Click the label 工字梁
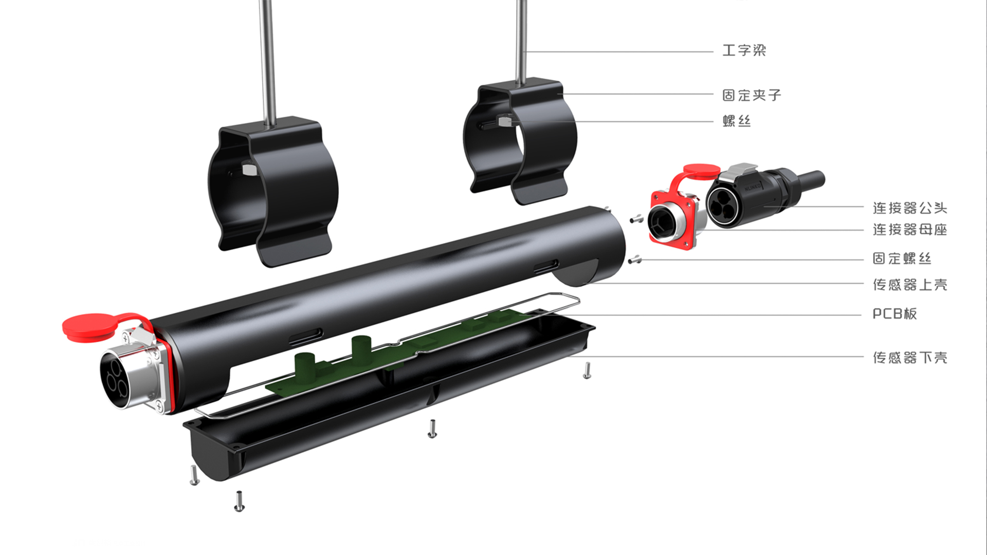click(744, 50)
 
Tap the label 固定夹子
click(752, 95)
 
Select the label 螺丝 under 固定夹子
click(737, 121)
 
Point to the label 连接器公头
click(910, 208)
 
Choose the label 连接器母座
click(910, 229)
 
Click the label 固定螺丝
click(902, 258)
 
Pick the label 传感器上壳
click(910, 285)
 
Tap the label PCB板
click(894, 313)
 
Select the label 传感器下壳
click(910, 357)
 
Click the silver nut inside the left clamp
click(248, 169)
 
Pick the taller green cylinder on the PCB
click(361, 349)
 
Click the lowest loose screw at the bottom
click(239, 502)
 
